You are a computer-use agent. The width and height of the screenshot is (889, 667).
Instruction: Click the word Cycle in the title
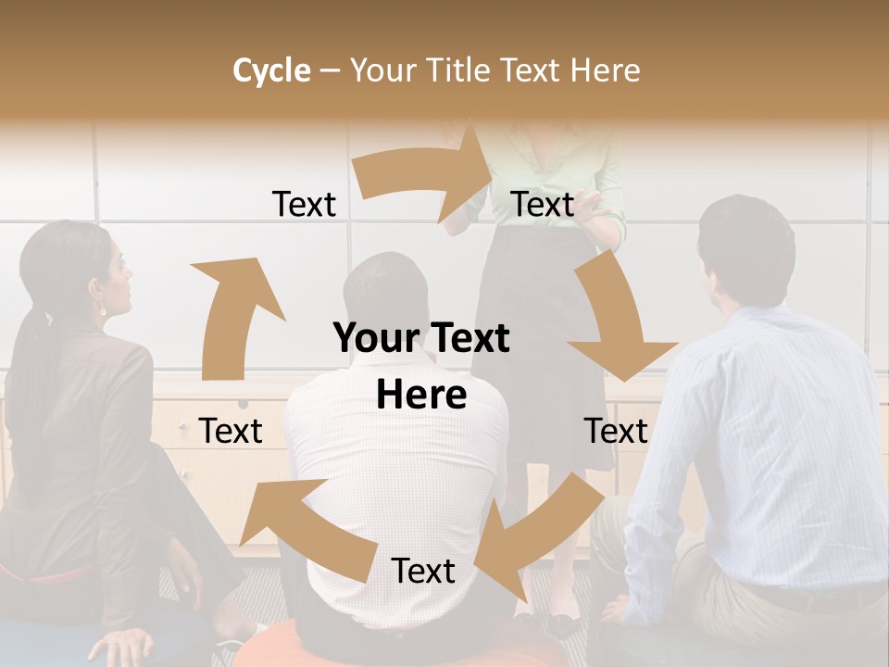point(271,69)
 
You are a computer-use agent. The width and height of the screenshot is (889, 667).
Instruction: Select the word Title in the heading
point(459,69)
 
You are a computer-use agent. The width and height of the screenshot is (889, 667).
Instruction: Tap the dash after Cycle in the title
point(330,70)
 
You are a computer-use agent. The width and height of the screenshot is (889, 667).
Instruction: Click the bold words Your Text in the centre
point(421,338)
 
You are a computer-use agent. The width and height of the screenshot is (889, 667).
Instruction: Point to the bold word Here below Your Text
point(421,395)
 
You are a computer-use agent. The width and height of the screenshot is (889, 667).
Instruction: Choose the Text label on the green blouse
point(543,204)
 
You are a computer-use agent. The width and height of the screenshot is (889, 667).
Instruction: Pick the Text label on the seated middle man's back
point(423,571)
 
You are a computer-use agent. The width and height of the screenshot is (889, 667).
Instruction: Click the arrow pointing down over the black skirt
point(617,324)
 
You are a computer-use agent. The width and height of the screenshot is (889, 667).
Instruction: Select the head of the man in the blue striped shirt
point(745,250)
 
